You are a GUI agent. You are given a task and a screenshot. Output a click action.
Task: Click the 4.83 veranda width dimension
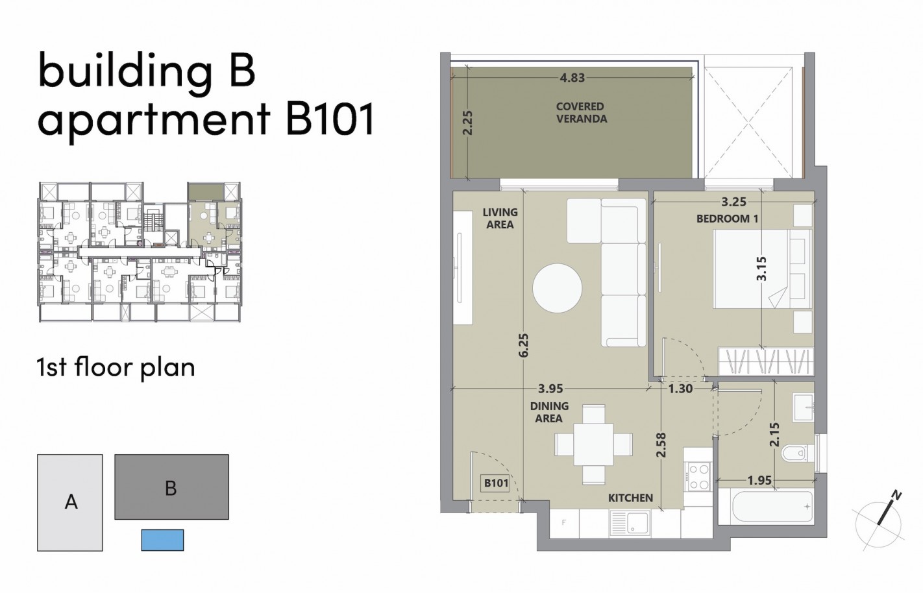pos(572,78)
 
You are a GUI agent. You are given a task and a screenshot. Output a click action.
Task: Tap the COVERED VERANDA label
pos(581,113)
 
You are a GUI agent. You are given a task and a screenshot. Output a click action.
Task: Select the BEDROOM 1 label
pos(727,219)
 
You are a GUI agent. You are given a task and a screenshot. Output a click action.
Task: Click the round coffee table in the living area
pos(558,288)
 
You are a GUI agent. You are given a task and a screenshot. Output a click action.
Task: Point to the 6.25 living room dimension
pos(524,345)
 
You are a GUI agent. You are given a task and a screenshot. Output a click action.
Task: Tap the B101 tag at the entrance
pos(495,483)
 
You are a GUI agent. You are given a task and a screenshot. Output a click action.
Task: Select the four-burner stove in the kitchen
pos(699,476)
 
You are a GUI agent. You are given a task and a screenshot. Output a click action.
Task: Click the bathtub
pos(766,506)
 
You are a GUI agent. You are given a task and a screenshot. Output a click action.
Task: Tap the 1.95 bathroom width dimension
pos(759,481)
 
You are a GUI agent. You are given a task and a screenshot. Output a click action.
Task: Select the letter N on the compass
pos(896,496)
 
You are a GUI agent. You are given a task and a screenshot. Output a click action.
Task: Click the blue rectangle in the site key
pos(162,540)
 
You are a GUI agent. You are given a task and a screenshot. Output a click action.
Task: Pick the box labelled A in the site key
pos(70,502)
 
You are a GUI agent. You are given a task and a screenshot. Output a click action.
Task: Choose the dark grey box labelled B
pos(171,487)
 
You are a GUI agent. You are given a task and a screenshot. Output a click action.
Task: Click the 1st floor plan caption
pos(116,367)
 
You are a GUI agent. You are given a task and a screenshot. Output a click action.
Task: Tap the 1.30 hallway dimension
pos(680,389)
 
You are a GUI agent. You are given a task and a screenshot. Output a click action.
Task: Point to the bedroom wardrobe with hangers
pos(766,361)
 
